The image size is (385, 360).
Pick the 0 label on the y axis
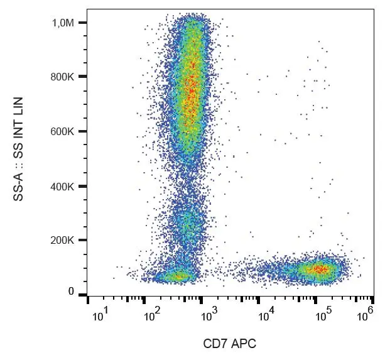coord(71,292)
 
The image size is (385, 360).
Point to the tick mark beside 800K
coord(82,77)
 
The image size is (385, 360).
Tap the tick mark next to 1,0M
coord(82,23)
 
